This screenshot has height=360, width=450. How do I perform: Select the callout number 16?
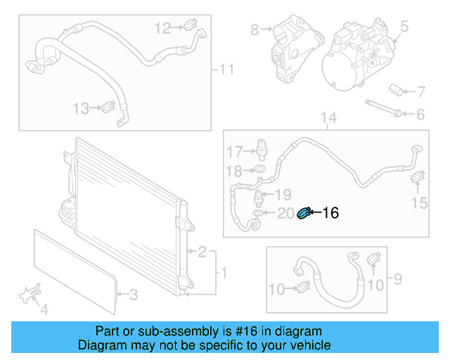(330, 213)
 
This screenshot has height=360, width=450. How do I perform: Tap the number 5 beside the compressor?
(404, 27)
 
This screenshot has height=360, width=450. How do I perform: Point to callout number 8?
(255, 30)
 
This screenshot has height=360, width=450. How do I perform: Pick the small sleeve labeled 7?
(396, 90)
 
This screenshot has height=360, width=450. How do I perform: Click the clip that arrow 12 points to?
(189, 27)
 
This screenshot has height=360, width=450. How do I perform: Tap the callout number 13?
(82, 108)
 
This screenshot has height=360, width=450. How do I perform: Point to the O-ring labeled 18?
(259, 170)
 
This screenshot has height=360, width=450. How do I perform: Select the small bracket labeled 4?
(30, 295)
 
